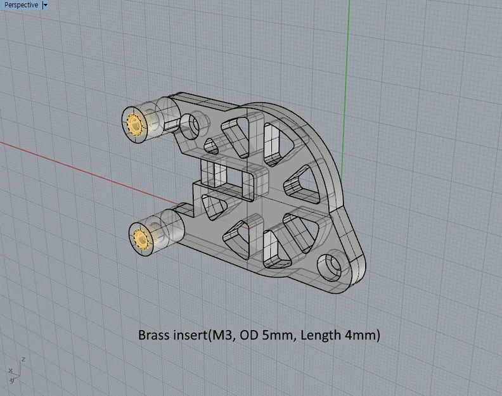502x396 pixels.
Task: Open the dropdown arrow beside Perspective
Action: point(45,5)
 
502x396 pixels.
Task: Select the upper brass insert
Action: point(135,124)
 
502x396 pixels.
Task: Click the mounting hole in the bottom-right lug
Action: point(331,266)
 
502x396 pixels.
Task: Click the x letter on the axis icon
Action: point(10,370)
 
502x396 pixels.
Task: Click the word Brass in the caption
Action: point(154,335)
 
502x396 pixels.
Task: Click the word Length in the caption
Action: point(321,335)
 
